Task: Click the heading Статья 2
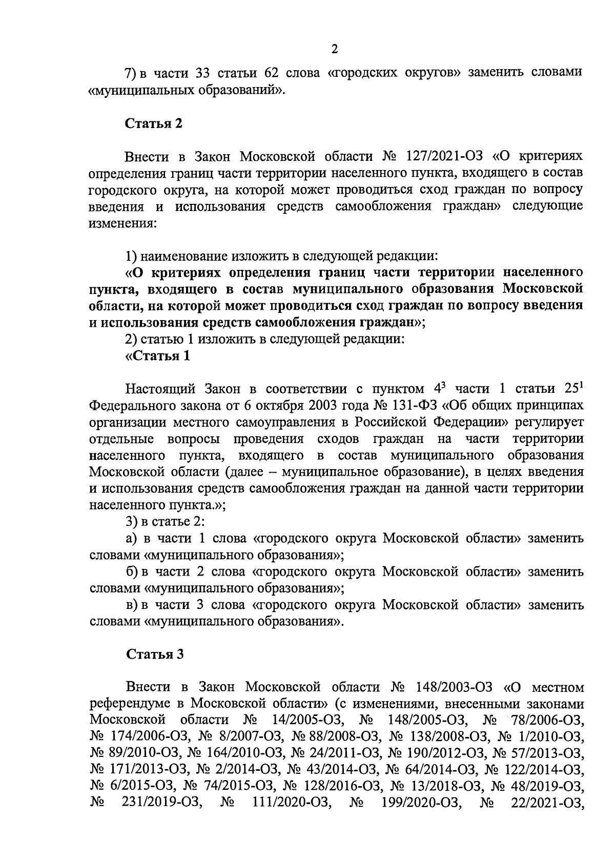(x=154, y=123)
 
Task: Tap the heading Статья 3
(x=154, y=654)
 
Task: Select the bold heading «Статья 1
(x=158, y=356)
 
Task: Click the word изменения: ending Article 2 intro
(x=122, y=223)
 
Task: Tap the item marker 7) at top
(x=131, y=72)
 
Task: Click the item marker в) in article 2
(x=133, y=605)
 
